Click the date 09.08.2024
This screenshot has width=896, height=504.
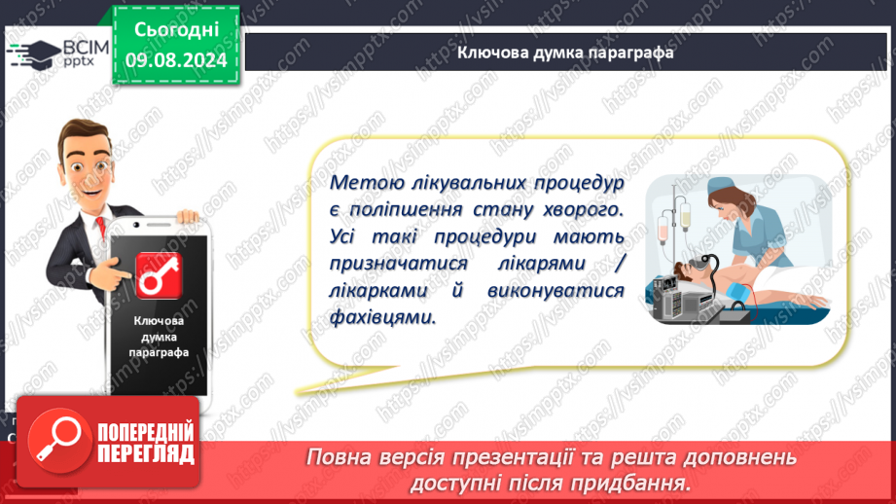176,60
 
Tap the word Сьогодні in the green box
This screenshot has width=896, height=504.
176,30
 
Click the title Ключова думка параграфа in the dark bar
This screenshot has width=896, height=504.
565,53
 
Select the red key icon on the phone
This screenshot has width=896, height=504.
159,276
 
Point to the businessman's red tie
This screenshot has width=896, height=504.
101,227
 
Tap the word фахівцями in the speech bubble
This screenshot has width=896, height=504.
382,317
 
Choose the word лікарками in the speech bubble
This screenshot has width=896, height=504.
378,290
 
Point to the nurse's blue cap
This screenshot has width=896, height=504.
722,186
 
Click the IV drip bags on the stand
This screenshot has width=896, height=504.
674,222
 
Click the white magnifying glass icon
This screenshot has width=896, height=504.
58,440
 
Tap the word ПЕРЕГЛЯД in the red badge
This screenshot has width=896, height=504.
146,454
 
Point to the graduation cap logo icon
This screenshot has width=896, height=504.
35,54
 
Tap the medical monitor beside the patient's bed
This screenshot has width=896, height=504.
670,299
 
